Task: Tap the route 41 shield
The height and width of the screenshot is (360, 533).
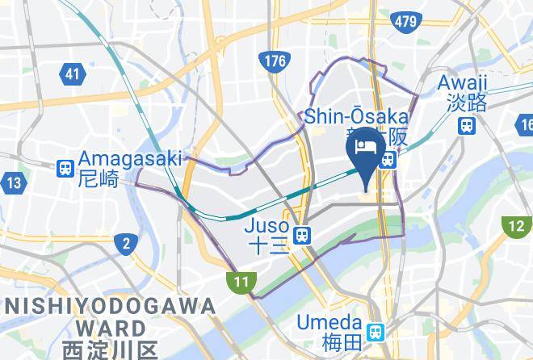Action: (x=73, y=74)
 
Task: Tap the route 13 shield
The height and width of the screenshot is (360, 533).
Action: (x=13, y=183)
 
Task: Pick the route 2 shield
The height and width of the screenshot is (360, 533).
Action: (x=126, y=243)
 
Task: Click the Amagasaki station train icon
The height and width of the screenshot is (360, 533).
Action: (x=65, y=169)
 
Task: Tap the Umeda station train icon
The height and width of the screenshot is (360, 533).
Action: (x=376, y=332)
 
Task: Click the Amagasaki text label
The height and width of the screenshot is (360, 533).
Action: (x=130, y=159)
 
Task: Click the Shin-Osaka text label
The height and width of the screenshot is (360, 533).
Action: (x=355, y=118)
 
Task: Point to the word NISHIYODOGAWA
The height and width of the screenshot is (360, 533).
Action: (x=111, y=306)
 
